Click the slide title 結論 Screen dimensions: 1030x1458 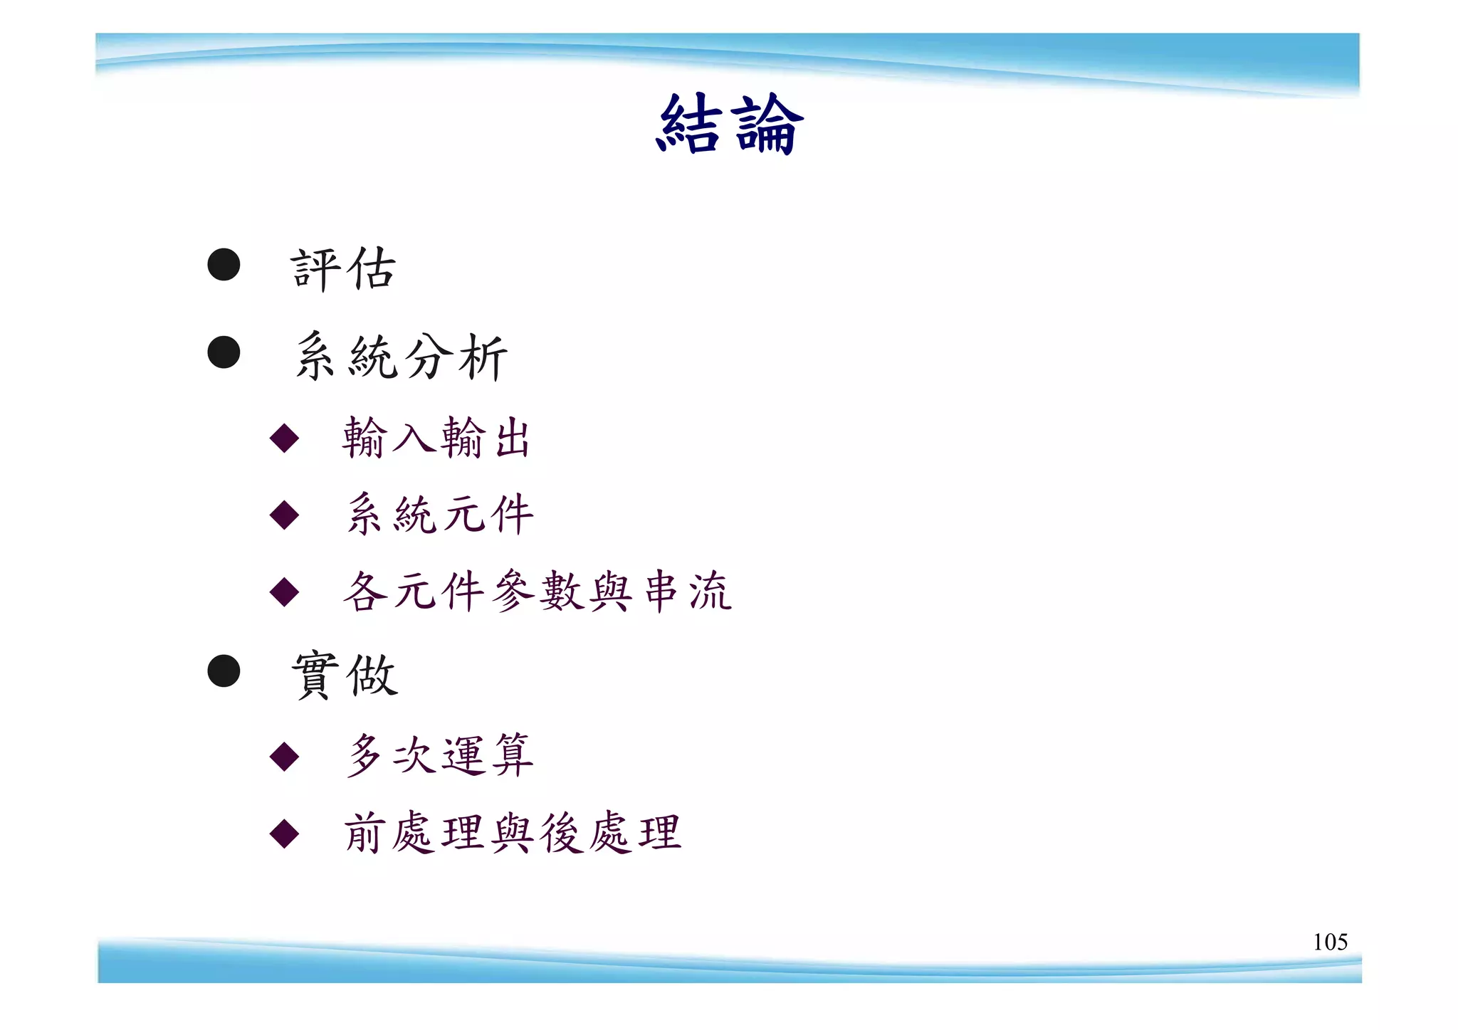[x=729, y=125]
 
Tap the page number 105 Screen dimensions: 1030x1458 [x=1330, y=942]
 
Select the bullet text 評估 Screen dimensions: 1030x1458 [x=343, y=269]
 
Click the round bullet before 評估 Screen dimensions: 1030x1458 [x=224, y=265]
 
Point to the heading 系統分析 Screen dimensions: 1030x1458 [x=401, y=356]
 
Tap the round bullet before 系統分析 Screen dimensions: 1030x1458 [x=224, y=352]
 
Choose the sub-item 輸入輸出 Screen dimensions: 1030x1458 [x=436, y=438]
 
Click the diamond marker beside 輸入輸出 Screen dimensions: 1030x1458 [x=284, y=438]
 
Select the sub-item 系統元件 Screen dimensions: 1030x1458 [x=439, y=514]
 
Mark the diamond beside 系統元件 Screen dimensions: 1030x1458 [x=284, y=514]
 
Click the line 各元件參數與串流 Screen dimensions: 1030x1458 [x=537, y=591]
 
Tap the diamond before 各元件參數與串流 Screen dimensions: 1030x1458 [x=284, y=591]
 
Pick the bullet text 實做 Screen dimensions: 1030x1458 [x=345, y=675]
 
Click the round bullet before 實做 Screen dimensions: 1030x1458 [x=224, y=671]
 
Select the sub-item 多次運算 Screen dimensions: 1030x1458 [x=439, y=755]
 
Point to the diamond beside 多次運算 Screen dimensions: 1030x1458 [x=284, y=756]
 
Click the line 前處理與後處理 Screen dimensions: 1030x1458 [x=513, y=832]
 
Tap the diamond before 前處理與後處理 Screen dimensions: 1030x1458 [x=284, y=833]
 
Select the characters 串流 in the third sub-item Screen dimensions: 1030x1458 [x=687, y=591]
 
